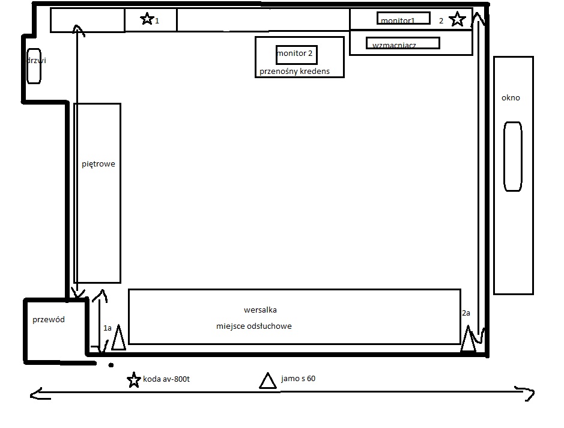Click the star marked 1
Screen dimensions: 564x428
147,19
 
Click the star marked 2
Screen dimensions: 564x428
457,19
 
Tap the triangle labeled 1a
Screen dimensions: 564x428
118,338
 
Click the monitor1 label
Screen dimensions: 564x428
398,20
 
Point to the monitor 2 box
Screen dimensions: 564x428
296,55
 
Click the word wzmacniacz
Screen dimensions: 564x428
394,45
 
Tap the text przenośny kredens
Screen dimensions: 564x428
294,72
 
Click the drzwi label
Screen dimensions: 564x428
37,60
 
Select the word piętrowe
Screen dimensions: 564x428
98,164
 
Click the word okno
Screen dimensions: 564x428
511,97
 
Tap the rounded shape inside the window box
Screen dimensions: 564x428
512,156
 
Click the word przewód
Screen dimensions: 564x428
49,319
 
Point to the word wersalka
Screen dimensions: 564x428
260,310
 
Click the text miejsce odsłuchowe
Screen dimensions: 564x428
253,326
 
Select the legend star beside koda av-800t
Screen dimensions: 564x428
134,380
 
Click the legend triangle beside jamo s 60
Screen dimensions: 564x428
268,381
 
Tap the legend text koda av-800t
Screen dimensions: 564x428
166,379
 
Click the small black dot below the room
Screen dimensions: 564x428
111,365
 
